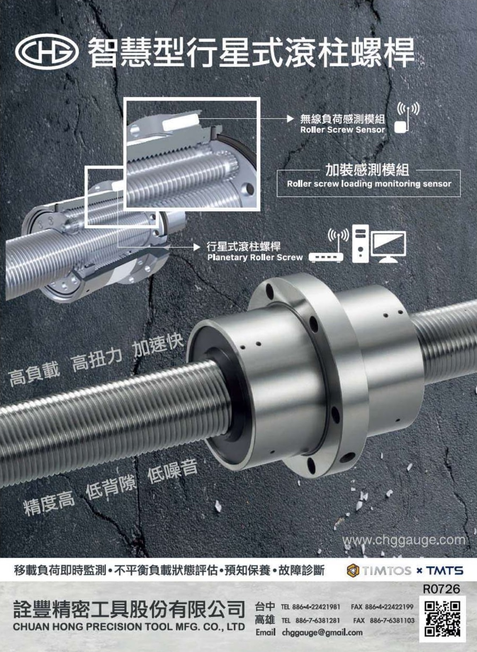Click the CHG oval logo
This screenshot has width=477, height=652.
coord(47,52)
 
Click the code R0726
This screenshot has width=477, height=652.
coord(441,589)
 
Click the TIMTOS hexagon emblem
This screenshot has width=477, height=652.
coord(353,570)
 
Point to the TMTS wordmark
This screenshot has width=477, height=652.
coord(445,570)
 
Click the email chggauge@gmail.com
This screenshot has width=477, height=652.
coord(322,632)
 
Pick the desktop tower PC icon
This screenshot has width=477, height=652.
coord(360,244)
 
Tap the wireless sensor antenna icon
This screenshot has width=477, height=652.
coord(406,118)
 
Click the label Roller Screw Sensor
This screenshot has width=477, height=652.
coord(342,130)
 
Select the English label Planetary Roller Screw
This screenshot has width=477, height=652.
coord(255,258)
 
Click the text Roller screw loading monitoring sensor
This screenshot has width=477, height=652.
coord(369,184)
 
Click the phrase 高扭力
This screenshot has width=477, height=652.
coord(97,361)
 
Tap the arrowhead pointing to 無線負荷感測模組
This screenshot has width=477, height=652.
coord(290,119)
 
